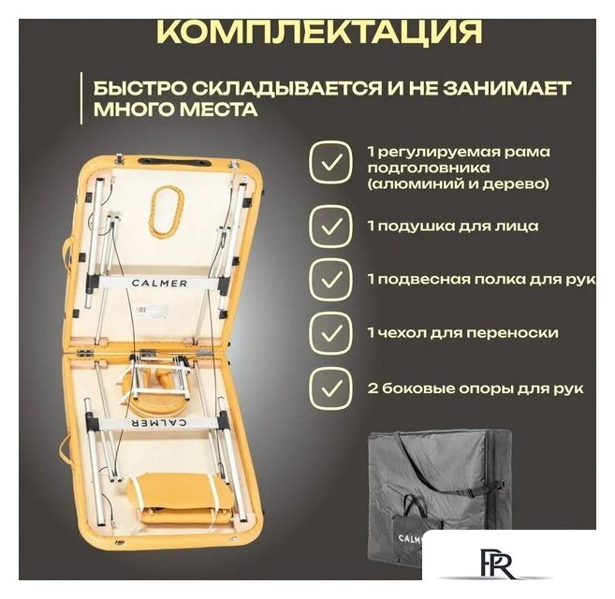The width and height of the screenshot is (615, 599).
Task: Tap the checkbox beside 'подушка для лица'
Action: tap(331, 226)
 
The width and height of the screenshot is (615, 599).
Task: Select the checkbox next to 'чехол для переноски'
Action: tap(331, 333)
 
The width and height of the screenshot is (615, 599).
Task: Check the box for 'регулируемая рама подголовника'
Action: tap(331, 162)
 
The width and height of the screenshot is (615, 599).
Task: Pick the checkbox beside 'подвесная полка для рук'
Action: tap(331, 279)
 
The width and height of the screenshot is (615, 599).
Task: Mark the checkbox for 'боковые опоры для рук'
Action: tap(331, 388)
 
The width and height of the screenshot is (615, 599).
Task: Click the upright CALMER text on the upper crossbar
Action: tap(159, 284)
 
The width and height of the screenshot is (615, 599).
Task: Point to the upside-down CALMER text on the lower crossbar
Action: tap(159, 423)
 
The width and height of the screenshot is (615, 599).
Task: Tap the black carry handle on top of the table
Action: tap(176, 162)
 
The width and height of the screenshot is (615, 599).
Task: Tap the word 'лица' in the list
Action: tap(520, 226)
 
